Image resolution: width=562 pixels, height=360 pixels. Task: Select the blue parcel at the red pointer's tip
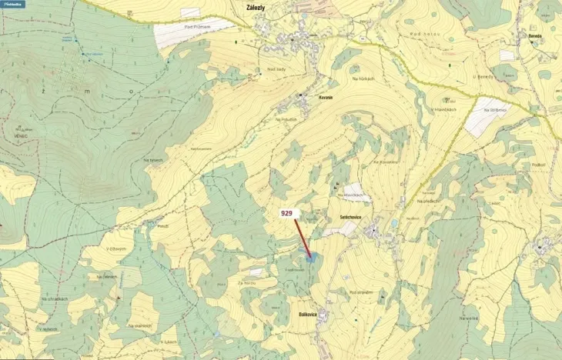tap(310, 258)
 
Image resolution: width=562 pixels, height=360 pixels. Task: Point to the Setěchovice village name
tap(351, 218)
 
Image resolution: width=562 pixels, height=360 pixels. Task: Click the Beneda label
tap(536, 35)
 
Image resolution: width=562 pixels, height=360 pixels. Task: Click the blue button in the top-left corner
tap(12, 4)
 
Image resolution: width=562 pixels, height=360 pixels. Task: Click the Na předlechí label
tap(428, 201)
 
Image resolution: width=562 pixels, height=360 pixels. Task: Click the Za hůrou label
tap(247, 283)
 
